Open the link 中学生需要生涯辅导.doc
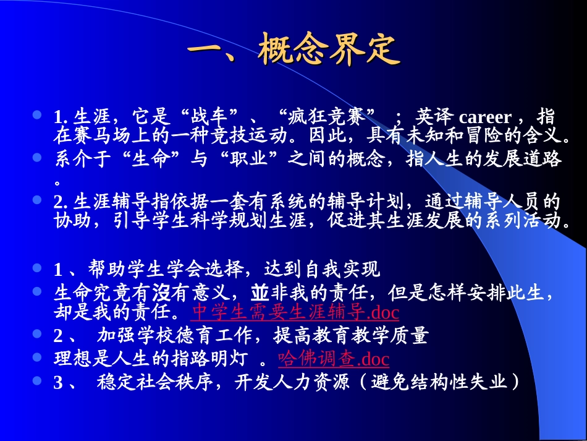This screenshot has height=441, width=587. tap(295, 311)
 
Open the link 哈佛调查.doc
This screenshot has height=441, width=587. tap(334, 359)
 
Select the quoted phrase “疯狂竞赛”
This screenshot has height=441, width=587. tap(327, 117)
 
